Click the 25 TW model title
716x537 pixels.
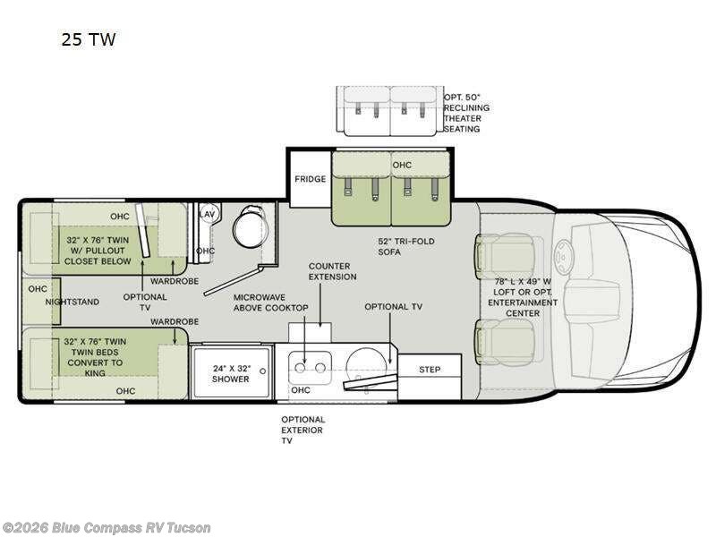(x=89, y=39)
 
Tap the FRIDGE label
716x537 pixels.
(x=310, y=179)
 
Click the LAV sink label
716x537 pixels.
(x=208, y=214)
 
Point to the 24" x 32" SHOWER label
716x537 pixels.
(x=231, y=373)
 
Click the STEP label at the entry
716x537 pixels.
(x=430, y=370)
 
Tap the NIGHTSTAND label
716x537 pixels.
(x=72, y=302)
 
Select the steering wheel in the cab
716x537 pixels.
(x=563, y=258)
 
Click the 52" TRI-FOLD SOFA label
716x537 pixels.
(x=406, y=247)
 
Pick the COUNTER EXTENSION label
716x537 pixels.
(x=332, y=271)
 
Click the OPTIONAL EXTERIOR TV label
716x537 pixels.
(x=303, y=430)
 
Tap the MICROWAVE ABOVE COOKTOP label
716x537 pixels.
(x=271, y=303)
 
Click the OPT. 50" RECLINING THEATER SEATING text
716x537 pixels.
(x=466, y=113)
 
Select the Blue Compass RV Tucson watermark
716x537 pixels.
(x=106, y=528)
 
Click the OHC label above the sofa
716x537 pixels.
(x=402, y=165)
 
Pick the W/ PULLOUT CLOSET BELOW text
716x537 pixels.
(x=98, y=256)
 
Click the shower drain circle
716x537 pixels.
(x=262, y=371)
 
